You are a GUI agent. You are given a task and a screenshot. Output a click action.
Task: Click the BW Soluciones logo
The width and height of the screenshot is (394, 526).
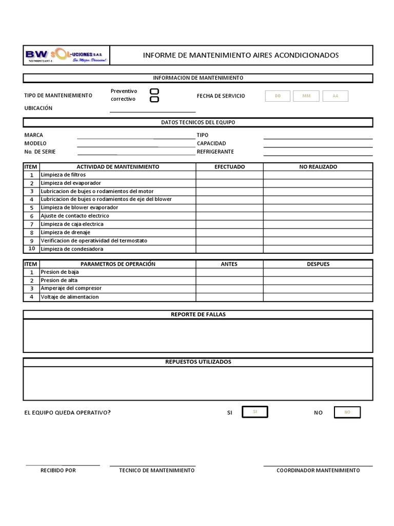pyautogui.click(x=66, y=55)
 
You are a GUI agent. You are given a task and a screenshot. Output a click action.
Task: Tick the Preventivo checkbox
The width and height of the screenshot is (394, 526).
pyautogui.click(x=154, y=91)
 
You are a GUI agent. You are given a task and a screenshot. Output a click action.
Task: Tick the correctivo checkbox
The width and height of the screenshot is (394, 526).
pyautogui.click(x=154, y=99)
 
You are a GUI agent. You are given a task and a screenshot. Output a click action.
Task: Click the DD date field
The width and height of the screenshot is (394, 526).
pyautogui.click(x=278, y=96)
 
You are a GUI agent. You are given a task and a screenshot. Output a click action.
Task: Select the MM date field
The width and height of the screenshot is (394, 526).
pyautogui.click(x=306, y=96)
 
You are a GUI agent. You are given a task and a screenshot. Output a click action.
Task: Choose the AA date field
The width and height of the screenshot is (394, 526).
pyautogui.click(x=335, y=96)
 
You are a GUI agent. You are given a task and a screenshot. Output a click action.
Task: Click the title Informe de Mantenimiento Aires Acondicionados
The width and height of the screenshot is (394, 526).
pyautogui.click(x=241, y=55)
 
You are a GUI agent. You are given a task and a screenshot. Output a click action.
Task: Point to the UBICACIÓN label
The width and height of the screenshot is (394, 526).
pyautogui.click(x=38, y=108)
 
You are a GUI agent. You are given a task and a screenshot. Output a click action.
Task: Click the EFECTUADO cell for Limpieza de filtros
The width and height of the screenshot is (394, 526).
pyautogui.click(x=229, y=175)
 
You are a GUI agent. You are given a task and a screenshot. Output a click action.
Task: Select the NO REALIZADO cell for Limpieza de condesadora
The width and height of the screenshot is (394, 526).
pyautogui.click(x=318, y=249)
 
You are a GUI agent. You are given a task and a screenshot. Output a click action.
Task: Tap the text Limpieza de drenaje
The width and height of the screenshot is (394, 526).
pyautogui.click(x=65, y=233)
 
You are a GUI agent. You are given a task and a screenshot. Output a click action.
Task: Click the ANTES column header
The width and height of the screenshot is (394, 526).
pyautogui.click(x=229, y=264)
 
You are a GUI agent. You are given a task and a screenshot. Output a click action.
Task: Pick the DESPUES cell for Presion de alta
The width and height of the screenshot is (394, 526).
pyautogui.click(x=318, y=280)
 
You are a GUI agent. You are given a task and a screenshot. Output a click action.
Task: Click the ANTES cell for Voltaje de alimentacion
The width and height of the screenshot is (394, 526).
pyautogui.click(x=229, y=297)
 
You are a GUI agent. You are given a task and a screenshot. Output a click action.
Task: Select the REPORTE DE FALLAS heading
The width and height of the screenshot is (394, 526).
pyautogui.click(x=198, y=314)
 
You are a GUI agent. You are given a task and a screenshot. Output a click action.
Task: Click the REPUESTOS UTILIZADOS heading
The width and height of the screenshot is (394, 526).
pyautogui.click(x=198, y=362)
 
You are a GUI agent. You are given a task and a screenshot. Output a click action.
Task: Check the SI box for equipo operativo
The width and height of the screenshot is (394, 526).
pyautogui.click(x=255, y=412)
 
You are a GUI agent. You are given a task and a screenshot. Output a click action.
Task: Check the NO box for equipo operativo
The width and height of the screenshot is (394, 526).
pyautogui.click(x=347, y=412)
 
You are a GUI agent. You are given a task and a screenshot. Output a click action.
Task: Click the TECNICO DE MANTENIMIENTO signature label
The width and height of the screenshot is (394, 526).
pyautogui.click(x=157, y=471)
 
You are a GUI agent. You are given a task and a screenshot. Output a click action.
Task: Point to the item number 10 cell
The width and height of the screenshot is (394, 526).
pyautogui.click(x=31, y=249)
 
